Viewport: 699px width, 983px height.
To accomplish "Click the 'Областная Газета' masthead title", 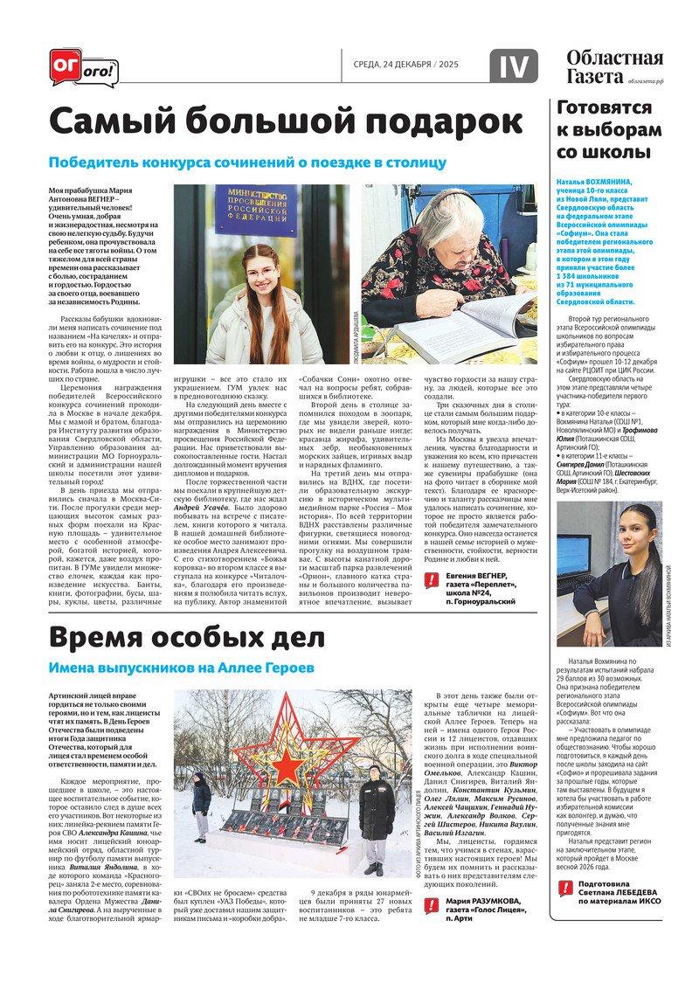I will [x=613, y=67].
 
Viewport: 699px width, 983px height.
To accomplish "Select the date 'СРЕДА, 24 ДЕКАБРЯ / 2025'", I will [x=405, y=65].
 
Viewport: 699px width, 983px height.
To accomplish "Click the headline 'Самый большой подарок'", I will [x=285, y=121].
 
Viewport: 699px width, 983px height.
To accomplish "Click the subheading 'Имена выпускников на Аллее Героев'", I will [x=181, y=668].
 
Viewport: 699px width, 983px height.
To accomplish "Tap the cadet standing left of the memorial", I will [x=201, y=802].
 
